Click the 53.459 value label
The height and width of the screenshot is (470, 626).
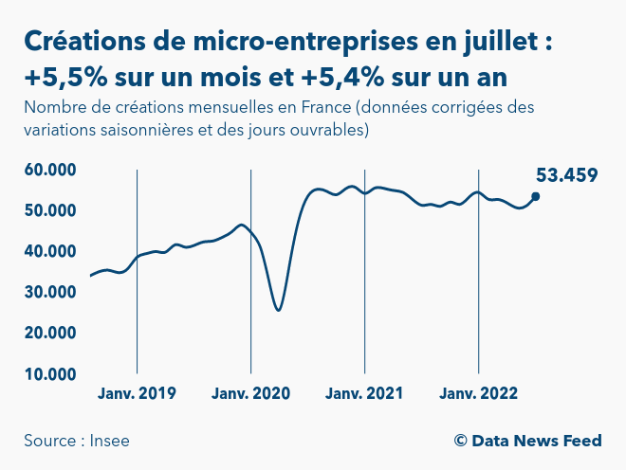point(566,175)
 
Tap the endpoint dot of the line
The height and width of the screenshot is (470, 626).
point(536,196)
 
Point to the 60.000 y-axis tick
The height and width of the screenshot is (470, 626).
point(50,170)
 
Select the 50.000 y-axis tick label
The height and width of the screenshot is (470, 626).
point(50,210)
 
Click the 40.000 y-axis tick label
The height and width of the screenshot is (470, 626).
point(50,251)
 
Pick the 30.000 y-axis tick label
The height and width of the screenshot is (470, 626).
point(50,292)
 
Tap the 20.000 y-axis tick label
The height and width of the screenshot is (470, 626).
point(50,333)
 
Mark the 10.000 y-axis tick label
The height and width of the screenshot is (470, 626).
point(50,373)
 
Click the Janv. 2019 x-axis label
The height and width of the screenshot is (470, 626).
point(137,393)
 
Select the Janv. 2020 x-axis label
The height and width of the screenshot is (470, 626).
point(250,393)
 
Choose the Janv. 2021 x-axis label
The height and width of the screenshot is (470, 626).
point(364,393)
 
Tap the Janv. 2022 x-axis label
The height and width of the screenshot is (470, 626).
point(478,393)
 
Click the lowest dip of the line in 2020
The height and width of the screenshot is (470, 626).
point(278,310)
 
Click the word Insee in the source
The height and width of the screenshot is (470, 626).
point(110,441)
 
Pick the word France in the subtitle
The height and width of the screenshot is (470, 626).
point(325,107)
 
